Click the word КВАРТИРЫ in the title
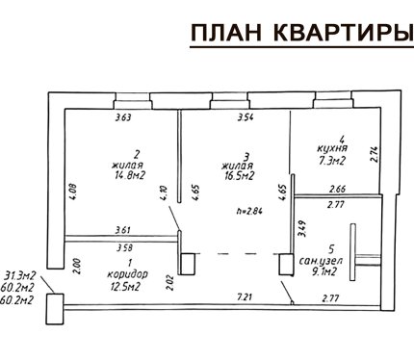(x=344, y=33)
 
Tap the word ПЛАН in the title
(x=226, y=33)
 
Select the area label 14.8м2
(x=130, y=175)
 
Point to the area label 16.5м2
(x=239, y=176)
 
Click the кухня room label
(x=332, y=149)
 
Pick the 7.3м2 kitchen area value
(x=332, y=160)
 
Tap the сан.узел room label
(x=321, y=261)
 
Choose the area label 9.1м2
(x=323, y=271)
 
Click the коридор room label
(x=127, y=274)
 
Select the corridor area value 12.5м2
(x=125, y=286)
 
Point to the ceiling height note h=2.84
(x=250, y=211)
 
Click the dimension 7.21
(x=245, y=297)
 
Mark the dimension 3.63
(x=123, y=117)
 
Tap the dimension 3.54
(x=246, y=117)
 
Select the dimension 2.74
(x=375, y=155)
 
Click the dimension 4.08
(x=73, y=192)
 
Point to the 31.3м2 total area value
(x=20, y=275)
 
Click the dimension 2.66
(x=338, y=189)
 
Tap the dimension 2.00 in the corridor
(x=78, y=267)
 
